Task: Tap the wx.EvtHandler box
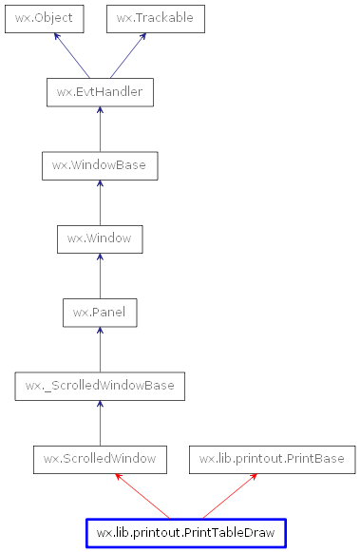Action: pyautogui.click(x=100, y=92)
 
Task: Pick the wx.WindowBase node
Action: pyautogui.click(x=100, y=165)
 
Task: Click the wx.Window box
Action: pyautogui.click(x=100, y=238)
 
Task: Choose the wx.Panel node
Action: pyautogui.click(x=100, y=312)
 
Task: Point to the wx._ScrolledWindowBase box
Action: pyautogui.click(x=100, y=386)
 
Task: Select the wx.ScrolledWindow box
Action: pyautogui.click(x=100, y=460)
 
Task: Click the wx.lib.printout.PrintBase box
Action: pyautogui.click(x=272, y=460)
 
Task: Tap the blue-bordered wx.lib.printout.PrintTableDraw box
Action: pyautogui.click(x=185, y=533)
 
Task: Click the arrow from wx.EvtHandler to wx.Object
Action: pyautogui.click(x=72, y=55)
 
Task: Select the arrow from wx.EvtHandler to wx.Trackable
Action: pyautogui.click(x=127, y=55)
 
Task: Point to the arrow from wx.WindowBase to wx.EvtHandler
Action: pyautogui.click(x=100, y=129)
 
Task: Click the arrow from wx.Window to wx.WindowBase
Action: pyautogui.click(x=100, y=202)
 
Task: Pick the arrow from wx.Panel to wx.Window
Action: pyautogui.click(x=100, y=276)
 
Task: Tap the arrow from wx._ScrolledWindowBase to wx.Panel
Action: pyautogui.click(x=100, y=349)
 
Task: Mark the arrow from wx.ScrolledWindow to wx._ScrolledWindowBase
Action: pyautogui.click(x=100, y=423)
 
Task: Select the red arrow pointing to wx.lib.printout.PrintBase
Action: pyautogui.click(x=228, y=496)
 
